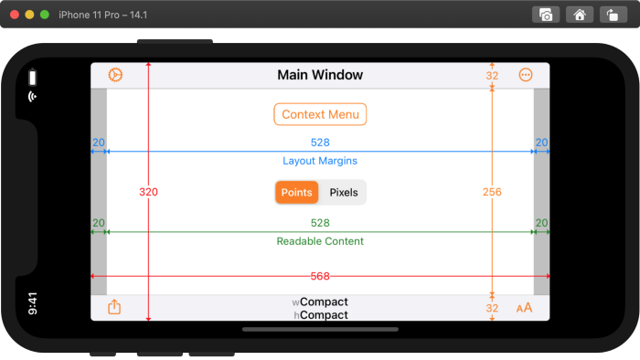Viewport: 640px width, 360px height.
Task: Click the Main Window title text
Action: pyautogui.click(x=320, y=75)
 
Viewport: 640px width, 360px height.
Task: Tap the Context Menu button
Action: pyautogui.click(x=320, y=114)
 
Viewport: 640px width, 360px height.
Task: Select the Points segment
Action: pyautogui.click(x=296, y=192)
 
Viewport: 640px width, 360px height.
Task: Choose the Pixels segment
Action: pyautogui.click(x=344, y=192)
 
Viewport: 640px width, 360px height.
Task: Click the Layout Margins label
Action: pyautogui.click(x=320, y=161)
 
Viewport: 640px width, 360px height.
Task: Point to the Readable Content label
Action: pyautogui.click(x=320, y=241)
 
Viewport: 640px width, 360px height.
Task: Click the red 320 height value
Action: pyautogui.click(x=148, y=192)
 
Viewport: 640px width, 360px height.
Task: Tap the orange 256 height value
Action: pyautogui.click(x=492, y=192)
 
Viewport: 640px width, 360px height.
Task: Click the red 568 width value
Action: pyautogui.click(x=320, y=276)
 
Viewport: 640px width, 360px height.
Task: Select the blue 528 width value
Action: pyautogui.click(x=320, y=143)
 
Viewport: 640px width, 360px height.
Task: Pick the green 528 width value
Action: pyautogui.click(x=320, y=223)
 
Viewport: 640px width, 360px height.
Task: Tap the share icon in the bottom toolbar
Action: pyautogui.click(x=114, y=307)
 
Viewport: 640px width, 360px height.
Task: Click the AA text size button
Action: pyautogui.click(x=524, y=308)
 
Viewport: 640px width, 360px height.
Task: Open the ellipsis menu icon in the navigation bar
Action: pyautogui.click(x=525, y=75)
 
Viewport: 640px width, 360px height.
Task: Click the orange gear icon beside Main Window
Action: pyautogui.click(x=115, y=75)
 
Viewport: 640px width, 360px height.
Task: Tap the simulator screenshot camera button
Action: pyautogui.click(x=546, y=15)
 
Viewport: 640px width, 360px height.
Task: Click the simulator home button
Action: pyautogui.click(x=578, y=15)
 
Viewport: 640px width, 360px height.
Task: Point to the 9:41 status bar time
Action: pyautogui.click(x=33, y=303)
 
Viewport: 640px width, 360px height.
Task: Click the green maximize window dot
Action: pyautogui.click(x=45, y=15)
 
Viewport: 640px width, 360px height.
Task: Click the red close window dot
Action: pyautogui.click(x=15, y=15)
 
